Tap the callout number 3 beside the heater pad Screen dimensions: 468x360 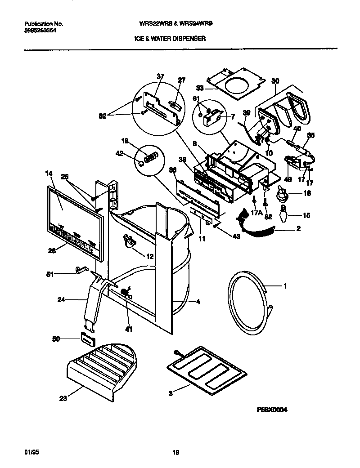coord(171,393)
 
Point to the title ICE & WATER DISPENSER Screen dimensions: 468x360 coord(170,39)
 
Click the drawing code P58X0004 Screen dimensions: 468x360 coord(272,410)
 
